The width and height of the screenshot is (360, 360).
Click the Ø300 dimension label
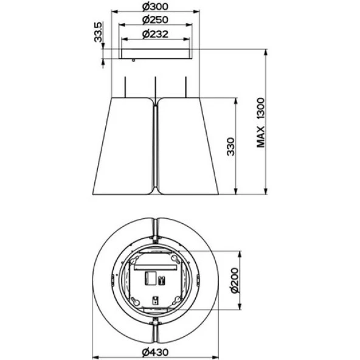point(155,7)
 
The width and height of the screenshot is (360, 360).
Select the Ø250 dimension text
point(155,20)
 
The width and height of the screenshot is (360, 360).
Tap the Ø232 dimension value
point(155,34)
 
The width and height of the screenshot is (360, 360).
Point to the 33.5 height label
point(98,32)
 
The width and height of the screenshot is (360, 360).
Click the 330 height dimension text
point(230,147)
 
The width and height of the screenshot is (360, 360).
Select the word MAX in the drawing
point(261,137)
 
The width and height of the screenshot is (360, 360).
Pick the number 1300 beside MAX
point(261,109)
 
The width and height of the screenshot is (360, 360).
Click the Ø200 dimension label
point(235,280)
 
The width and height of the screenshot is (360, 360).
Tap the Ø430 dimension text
point(155,352)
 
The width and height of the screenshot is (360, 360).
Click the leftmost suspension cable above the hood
point(125,87)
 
